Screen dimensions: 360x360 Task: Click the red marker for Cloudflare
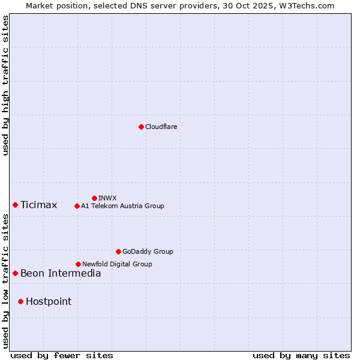pos(141,127)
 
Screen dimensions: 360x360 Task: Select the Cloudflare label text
pos(161,127)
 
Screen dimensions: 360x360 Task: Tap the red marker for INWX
pos(94,198)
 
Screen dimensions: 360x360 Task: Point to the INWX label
pos(107,198)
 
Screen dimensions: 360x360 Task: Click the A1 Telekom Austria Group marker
pos(77,206)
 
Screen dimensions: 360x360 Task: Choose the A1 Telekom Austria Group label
pos(122,206)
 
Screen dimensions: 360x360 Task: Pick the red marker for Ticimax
pos(16,205)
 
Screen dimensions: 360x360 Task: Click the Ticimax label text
pos(39,205)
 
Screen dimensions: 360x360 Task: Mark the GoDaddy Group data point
pos(118,251)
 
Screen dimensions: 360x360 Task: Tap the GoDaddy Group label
pos(148,251)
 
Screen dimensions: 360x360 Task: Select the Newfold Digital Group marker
pos(78,264)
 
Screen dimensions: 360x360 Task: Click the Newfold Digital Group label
pos(117,264)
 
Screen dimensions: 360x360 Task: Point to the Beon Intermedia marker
pos(16,273)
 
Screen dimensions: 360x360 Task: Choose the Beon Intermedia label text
pos(61,274)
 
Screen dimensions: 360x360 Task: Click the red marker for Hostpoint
pos(21,301)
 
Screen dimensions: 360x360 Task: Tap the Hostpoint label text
pos(49,302)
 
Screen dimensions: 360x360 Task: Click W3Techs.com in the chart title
pos(310,5)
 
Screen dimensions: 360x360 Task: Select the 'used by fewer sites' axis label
pos(62,355)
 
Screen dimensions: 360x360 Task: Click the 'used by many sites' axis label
pos(301,355)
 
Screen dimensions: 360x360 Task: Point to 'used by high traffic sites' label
pos(6,85)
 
